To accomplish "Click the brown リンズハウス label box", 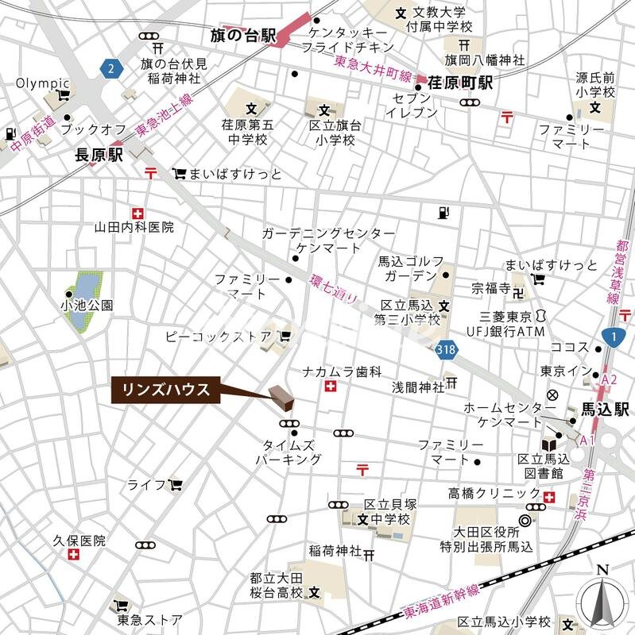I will pyautogui.click(x=165, y=390).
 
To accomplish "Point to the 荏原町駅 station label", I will pyautogui.click(x=460, y=83).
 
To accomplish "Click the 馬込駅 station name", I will pyautogui.click(x=604, y=410).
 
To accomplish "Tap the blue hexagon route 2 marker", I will pyautogui.click(x=111, y=68).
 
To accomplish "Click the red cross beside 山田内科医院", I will pyautogui.click(x=139, y=213).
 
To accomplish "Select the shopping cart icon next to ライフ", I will pyautogui.click(x=175, y=483).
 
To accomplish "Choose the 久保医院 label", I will pyautogui.click(x=79, y=541).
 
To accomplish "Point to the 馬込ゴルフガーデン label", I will pyautogui.click(x=408, y=267).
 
